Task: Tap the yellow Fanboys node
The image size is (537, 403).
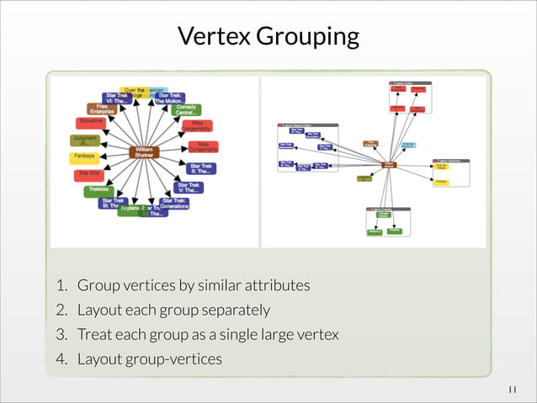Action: pyautogui.click(x=85, y=156)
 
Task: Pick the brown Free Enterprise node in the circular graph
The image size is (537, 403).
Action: pyautogui.click(x=102, y=109)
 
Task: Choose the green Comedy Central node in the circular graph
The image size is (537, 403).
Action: pyautogui.click(x=186, y=110)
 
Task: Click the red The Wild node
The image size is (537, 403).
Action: pyautogui.click(x=88, y=174)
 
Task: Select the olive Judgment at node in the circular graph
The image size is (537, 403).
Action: pyautogui.click(x=84, y=140)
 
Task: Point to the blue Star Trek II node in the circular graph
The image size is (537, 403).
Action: pyautogui.click(x=201, y=168)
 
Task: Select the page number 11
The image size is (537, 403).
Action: pyautogui.click(x=513, y=389)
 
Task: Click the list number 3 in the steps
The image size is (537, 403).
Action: pyautogui.click(x=61, y=335)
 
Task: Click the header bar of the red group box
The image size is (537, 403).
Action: pyautogui.click(x=410, y=83)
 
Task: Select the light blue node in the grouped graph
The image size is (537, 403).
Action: pyautogui.click(x=408, y=146)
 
